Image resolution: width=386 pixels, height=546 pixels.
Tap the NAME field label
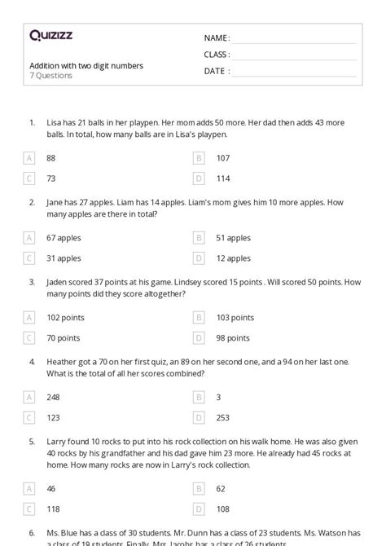(x=217, y=38)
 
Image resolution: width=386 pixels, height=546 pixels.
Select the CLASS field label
(x=217, y=55)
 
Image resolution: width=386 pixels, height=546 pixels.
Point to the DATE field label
(x=216, y=71)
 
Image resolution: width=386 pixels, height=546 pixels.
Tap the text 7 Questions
(x=50, y=76)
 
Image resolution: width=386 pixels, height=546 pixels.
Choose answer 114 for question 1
(x=223, y=178)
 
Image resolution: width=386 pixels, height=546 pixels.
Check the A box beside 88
(x=29, y=158)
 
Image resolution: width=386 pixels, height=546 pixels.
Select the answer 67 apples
(x=64, y=238)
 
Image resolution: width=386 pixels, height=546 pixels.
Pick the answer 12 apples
(x=233, y=258)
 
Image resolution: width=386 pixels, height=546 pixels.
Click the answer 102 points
(x=66, y=317)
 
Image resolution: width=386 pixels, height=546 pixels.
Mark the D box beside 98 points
(x=199, y=337)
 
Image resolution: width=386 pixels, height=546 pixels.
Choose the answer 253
(x=223, y=416)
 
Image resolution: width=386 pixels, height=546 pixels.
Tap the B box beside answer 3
(x=199, y=397)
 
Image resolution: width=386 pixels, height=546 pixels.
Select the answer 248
(x=53, y=397)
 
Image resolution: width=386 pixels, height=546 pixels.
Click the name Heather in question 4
(x=63, y=360)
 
